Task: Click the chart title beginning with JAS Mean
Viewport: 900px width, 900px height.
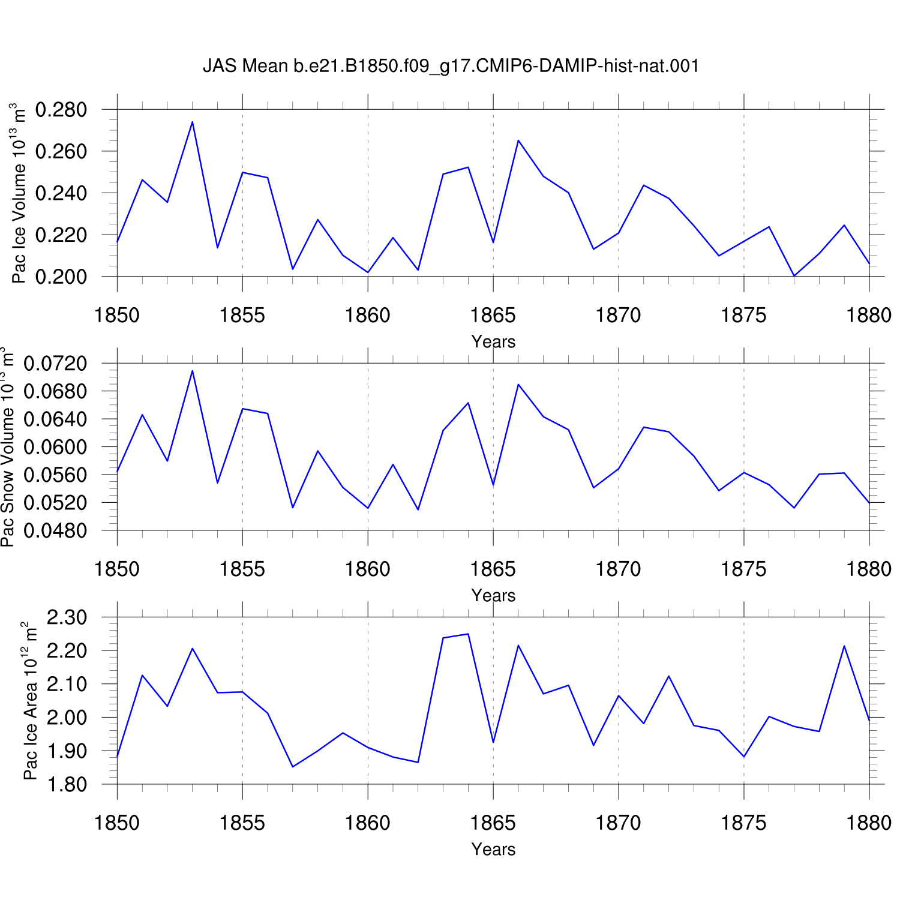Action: [x=451, y=65]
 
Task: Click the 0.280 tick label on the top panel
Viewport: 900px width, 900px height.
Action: [x=61, y=110]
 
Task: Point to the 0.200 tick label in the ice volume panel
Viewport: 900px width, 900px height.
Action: [x=61, y=277]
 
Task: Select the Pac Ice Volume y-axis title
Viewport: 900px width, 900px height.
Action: [x=19, y=193]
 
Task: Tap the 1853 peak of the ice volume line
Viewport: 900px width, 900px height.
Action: [x=192, y=122]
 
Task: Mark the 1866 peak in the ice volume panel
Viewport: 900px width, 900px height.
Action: [x=518, y=140]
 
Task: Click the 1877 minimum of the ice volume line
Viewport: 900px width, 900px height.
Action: [x=794, y=276]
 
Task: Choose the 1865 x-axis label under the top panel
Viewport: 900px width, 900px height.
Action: [x=493, y=315]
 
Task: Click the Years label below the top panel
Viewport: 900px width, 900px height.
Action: [x=493, y=341]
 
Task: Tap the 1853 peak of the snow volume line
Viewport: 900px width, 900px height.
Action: [x=192, y=370]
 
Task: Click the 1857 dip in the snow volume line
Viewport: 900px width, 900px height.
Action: [x=293, y=508]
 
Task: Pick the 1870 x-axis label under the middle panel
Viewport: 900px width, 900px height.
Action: [x=619, y=569]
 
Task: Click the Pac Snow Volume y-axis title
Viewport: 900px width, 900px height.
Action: [x=7, y=446]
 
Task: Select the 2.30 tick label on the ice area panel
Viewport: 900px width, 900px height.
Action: [x=67, y=617]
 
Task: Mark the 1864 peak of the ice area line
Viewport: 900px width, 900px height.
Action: [x=468, y=634]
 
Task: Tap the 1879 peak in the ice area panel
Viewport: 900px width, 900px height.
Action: [x=844, y=646]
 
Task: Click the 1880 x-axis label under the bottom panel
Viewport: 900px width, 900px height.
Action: [x=869, y=823]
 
